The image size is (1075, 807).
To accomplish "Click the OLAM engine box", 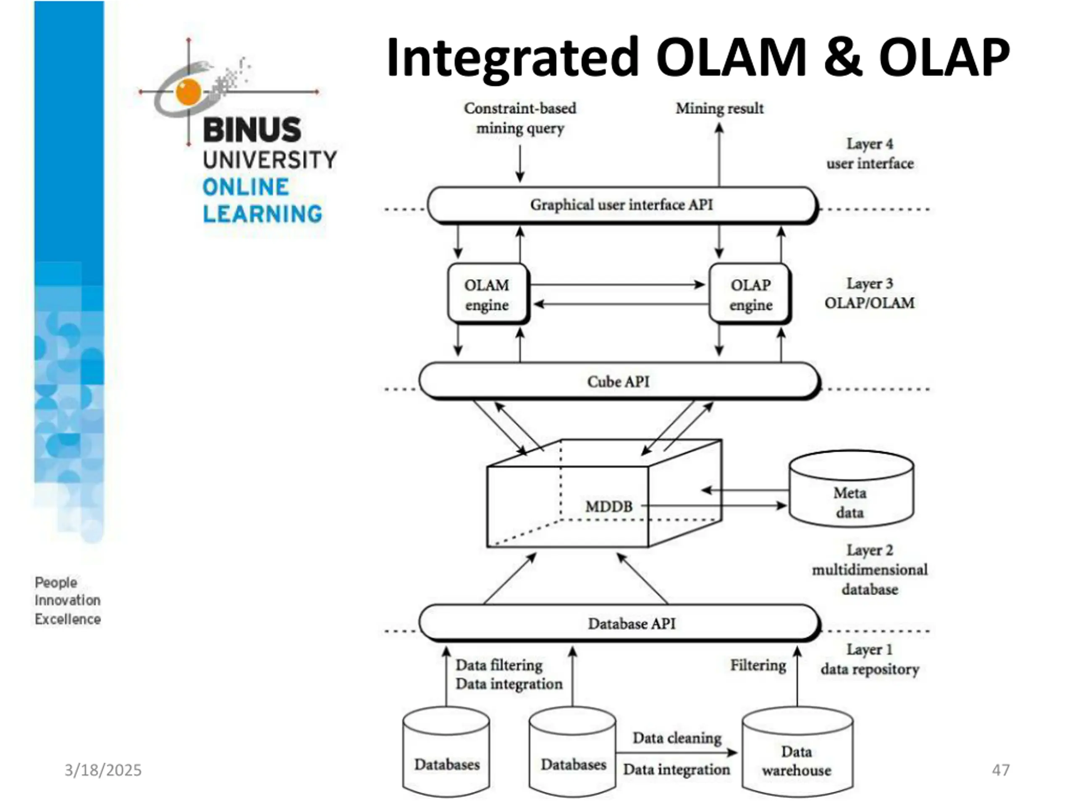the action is (x=488, y=294).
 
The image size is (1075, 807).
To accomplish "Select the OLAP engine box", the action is (x=750, y=294).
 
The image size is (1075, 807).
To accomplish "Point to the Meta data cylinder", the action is (x=851, y=489).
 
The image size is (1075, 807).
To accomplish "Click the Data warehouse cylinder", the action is (x=797, y=752).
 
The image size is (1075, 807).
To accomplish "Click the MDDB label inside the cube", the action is (x=609, y=506).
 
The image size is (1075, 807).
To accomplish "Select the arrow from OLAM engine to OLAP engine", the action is (x=618, y=285).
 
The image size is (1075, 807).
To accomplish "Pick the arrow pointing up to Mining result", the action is (x=719, y=155).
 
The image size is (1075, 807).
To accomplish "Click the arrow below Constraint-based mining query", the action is (x=520, y=164).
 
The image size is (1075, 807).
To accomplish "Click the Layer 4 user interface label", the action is (x=870, y=154).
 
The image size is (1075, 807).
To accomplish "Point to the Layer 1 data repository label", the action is (x=870, y=659).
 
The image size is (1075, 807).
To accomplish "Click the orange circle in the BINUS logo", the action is (x=189, y=92).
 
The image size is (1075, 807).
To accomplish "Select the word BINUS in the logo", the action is (x=252, y=129).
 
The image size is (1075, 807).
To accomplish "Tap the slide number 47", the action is (x=1001, y=770).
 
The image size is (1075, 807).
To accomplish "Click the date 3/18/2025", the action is (x=103, y=770).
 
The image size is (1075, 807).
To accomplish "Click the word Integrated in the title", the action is (x=512, y=58).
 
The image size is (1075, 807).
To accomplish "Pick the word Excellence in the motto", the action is (x=68, y=619).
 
